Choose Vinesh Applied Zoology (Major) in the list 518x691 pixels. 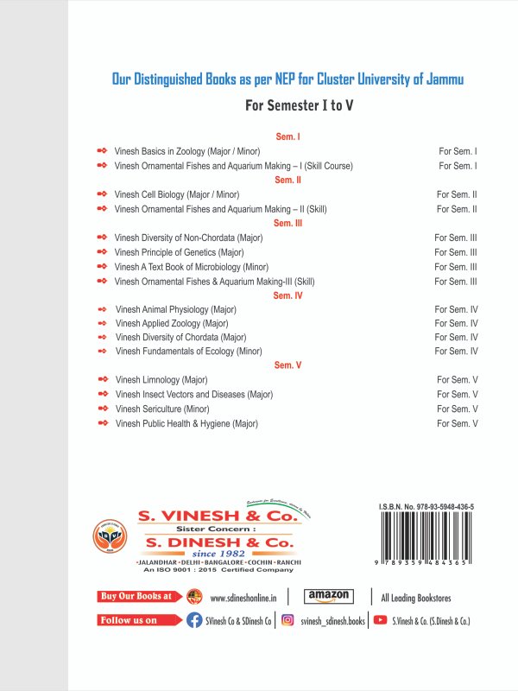(172, 323)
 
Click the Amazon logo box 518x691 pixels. (329, 596)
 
